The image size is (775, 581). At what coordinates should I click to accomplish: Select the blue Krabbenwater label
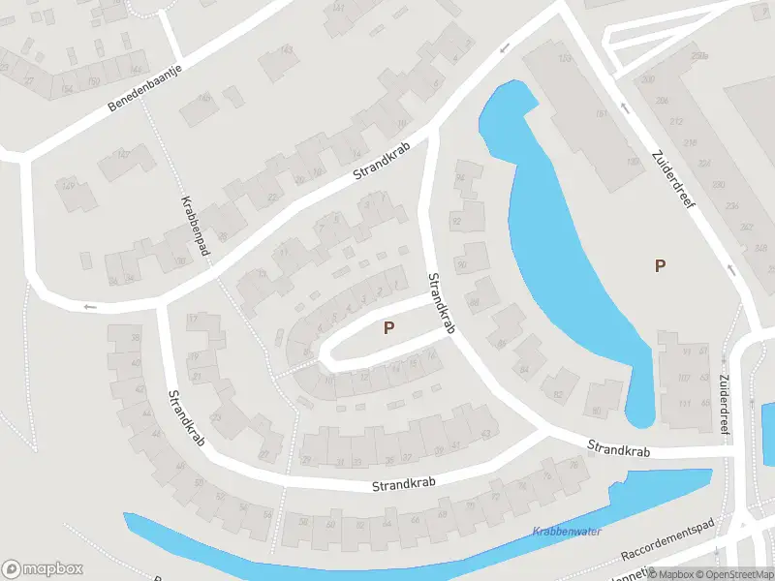pos(567,532)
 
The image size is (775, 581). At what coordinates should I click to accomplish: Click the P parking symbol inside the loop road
pos(388,328)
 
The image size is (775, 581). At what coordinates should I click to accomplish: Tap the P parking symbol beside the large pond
pos(661,265)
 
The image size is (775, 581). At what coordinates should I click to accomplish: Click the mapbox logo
pos(43,569)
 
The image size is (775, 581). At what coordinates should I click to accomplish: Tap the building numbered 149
pos(68,185)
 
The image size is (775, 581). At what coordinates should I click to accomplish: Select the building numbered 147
pos(123,155)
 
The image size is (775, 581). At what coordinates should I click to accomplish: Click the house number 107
pos(682,378)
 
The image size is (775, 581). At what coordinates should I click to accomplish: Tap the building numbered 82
pos(559,395)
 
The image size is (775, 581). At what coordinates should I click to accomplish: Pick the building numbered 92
pos(456,222)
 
